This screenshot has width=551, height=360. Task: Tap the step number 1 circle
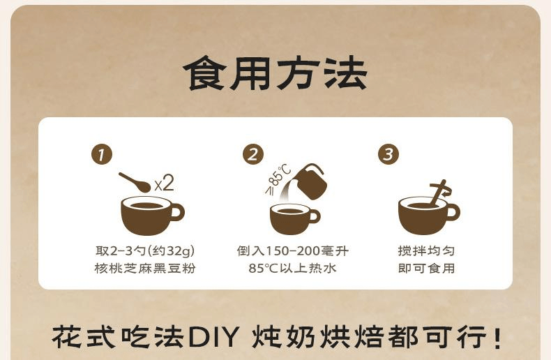point(103,155)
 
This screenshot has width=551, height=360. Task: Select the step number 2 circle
point(253,155)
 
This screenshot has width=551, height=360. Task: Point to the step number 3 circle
point(388,155)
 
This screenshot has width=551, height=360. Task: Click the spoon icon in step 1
point(134,181)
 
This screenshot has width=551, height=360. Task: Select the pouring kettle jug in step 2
point(309,181)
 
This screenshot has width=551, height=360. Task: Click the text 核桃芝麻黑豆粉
point(145,268)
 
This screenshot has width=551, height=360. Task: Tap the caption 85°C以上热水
point(292,268)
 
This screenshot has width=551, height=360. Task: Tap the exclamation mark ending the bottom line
point(497,338)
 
